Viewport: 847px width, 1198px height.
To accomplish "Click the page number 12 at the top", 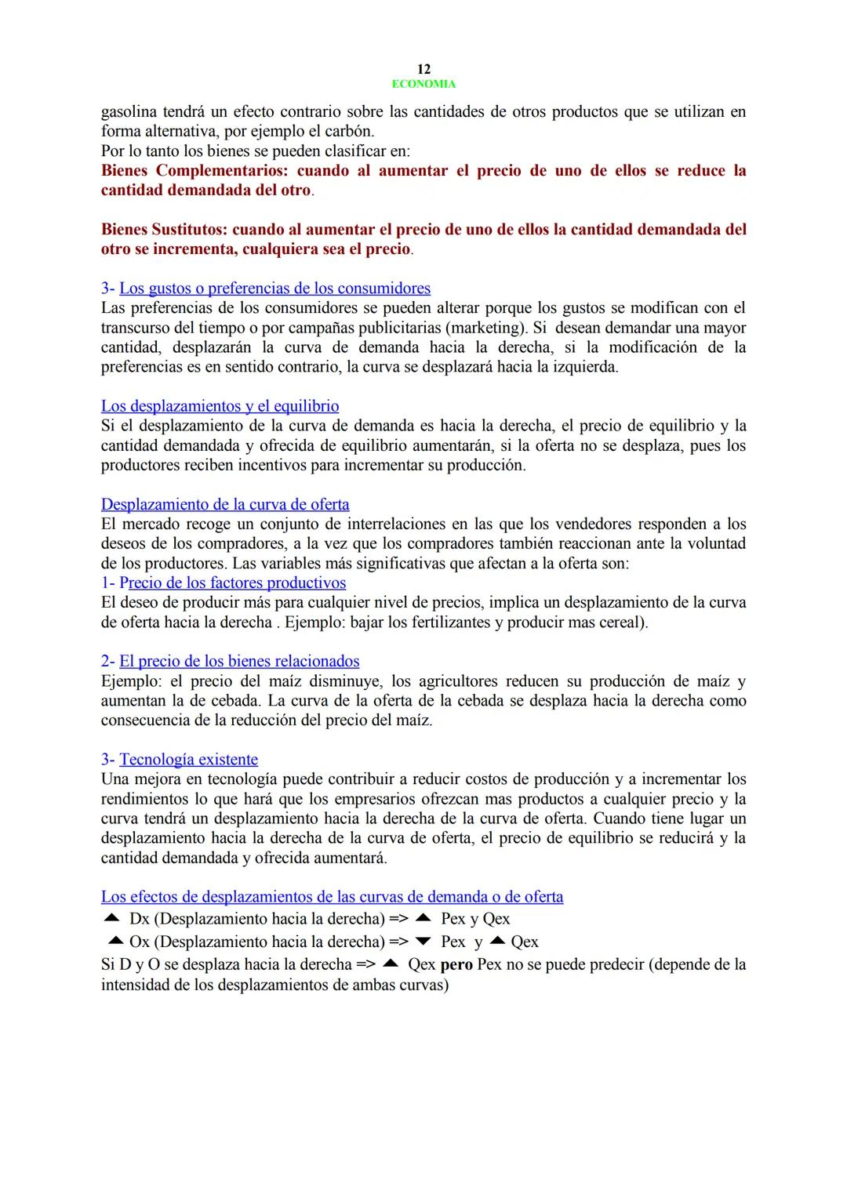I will click(423, 69).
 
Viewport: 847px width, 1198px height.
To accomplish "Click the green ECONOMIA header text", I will click(423, 84).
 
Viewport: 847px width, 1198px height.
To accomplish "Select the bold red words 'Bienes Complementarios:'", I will click(196, 171).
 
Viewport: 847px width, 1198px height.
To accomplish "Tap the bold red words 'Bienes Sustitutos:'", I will click(165, 230).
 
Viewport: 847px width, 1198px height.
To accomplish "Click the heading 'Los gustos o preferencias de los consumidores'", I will click(274, 289).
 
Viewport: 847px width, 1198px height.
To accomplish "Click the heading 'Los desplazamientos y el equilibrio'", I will click(220, 406).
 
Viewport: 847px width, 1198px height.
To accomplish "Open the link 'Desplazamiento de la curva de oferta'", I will click(225, 504).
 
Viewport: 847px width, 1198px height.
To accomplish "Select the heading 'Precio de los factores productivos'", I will click(232, 583).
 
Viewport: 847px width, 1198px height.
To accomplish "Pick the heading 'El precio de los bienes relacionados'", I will click(239, 661).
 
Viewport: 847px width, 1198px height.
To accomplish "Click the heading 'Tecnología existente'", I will click(188, 759).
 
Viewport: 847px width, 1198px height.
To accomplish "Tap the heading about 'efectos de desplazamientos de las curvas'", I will click(332, 896).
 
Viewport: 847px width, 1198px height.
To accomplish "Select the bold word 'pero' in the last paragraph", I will click(456, 964).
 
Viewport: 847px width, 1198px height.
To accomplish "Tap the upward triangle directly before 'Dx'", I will click(111, 918).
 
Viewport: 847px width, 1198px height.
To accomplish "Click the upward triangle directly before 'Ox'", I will click(116, 941).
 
